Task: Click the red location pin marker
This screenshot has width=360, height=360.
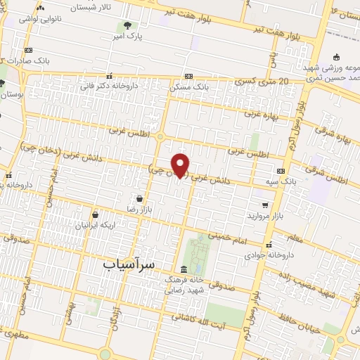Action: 181,165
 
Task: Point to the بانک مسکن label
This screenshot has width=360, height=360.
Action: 191,88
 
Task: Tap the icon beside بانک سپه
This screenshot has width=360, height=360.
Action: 281,171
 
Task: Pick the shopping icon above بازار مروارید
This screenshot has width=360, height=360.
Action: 265,205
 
